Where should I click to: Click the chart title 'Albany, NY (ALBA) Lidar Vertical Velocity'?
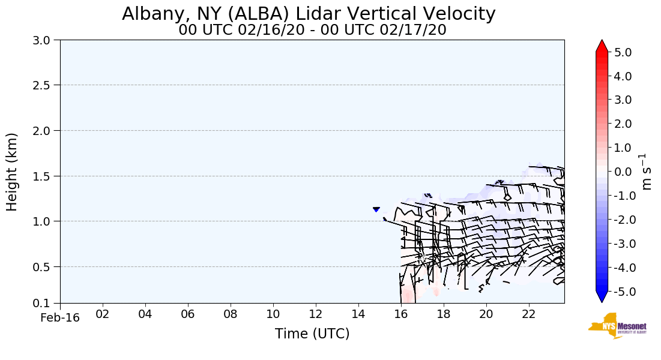[309, 14]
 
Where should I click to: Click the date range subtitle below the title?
[312, 30]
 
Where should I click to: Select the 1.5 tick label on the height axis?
[43, 176]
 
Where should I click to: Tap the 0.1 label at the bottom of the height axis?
[43, 303]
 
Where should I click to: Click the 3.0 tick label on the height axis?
[43, 40]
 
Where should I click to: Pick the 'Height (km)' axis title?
[12, 172]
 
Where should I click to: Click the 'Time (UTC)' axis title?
[312, 334]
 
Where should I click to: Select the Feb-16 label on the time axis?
[60, 318]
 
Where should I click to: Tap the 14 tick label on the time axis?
[358, 314]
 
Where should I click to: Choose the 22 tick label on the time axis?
[529, 314]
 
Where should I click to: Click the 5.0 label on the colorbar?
[623, 52]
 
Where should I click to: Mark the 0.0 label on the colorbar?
[623, 172]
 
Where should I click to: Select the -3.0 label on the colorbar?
[621, 243]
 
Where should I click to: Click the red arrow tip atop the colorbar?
[602, 46]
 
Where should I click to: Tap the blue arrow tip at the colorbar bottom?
[602, 297]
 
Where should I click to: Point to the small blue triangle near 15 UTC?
[376, 209]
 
